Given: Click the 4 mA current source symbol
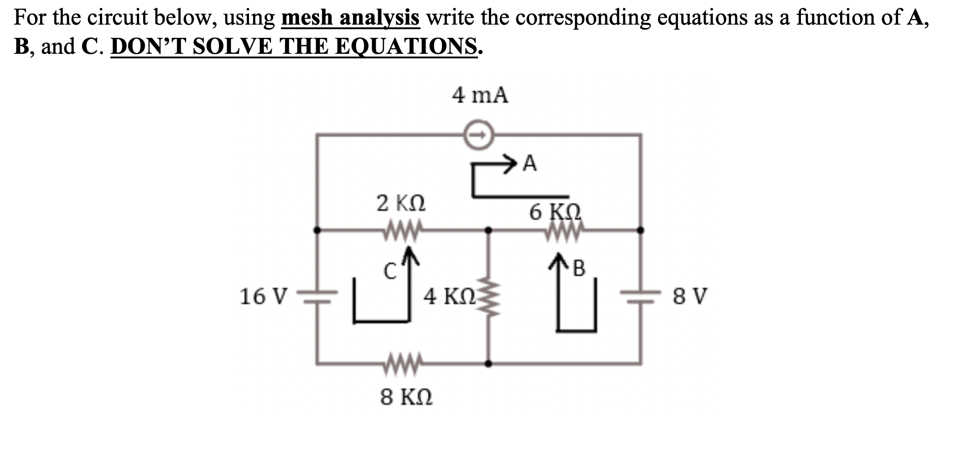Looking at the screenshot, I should point(479,135).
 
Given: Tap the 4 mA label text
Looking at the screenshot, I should point(480,95).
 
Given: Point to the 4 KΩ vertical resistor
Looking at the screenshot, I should point(488,296).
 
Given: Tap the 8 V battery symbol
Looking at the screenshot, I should point(640,296).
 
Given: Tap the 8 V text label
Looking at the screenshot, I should point(690,296).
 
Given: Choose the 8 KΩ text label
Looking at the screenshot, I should point(406,397).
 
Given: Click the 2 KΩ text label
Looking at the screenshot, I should point(401,203).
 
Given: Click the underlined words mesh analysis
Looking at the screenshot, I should point(350,18).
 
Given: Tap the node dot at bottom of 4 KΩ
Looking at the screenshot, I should point(488,363).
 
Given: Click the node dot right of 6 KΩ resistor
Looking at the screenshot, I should point(640,230).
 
